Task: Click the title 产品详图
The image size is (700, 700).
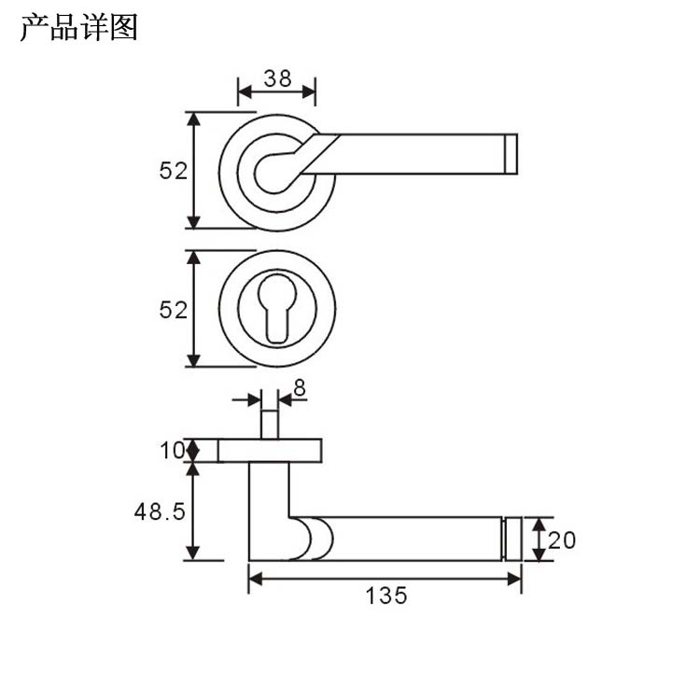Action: (78, 28)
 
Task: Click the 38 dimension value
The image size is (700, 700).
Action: (276, 78)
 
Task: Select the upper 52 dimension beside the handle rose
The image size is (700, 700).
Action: (174, 171)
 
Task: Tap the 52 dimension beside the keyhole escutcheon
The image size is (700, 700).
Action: (174, 310)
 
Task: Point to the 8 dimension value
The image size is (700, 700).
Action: (299, 386)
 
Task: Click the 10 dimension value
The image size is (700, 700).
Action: (172, 451)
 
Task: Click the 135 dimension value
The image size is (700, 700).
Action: (387, 595)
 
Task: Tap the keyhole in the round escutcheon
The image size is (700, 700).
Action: (277, 306)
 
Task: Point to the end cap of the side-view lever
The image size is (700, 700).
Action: (512, 539)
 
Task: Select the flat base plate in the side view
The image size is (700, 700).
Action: (271, 451)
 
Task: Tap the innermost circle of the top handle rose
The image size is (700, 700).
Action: (273, 171)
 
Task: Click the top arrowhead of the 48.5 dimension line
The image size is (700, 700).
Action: (193, 469)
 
